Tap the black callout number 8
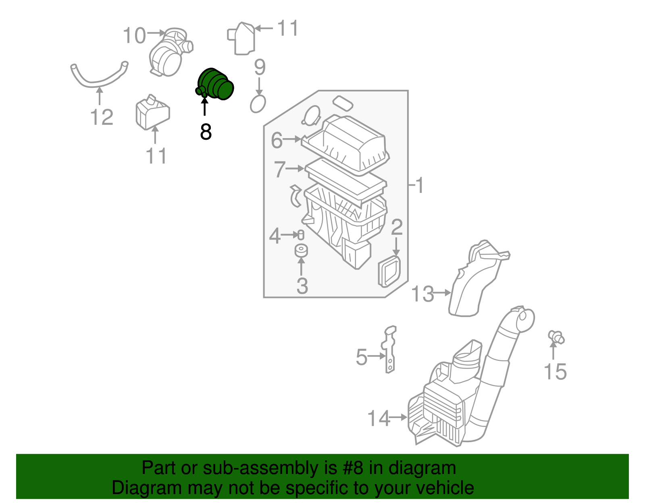(x=206, y=132)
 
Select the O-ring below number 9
(x=258, y=104)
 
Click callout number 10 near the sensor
(x=134, y=35)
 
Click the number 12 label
(x=102, y=118)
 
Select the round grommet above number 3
(x=301, y=251)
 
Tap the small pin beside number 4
(x=300, y=235)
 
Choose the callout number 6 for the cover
(x=277, y=140)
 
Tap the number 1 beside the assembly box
(x=420, y=186)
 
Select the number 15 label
(x=555, y=372)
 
